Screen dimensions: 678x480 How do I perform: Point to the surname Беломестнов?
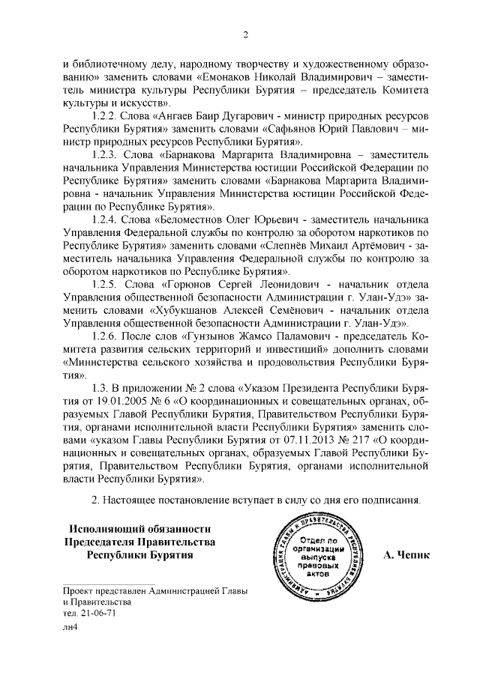[x=194, y=220]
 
